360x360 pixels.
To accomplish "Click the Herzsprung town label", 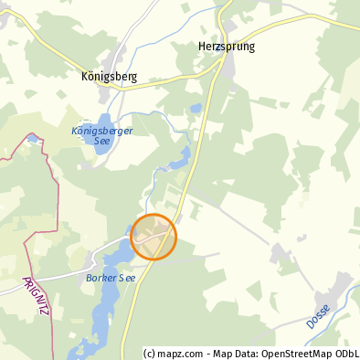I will pos(226,47).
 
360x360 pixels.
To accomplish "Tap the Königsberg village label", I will pos(109,77).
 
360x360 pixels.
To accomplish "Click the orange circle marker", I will pos(154,237).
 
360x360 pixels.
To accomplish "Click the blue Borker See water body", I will pos(106,302).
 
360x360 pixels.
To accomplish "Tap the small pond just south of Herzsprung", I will pos(196,109).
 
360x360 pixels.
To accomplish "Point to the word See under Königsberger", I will pos(102,141).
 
